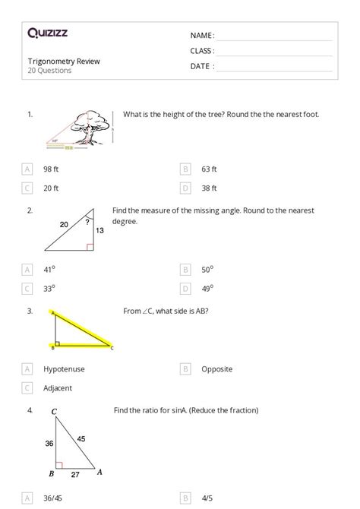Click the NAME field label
coord(202,36)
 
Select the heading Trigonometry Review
coord(63,61)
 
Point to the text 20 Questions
coord(49,71)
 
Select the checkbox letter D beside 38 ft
coord(185,188)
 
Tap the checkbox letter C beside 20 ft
coord(27,188)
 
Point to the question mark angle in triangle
coord(88,223)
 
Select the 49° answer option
coord(207,288)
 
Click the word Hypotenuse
coord(64,369)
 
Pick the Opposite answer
coord(216,369)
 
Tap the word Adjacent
coord(58,388)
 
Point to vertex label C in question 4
coord(54,413)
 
